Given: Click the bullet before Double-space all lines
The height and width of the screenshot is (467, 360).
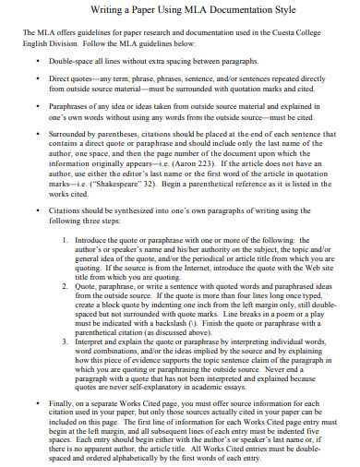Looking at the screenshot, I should [38, 61].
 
